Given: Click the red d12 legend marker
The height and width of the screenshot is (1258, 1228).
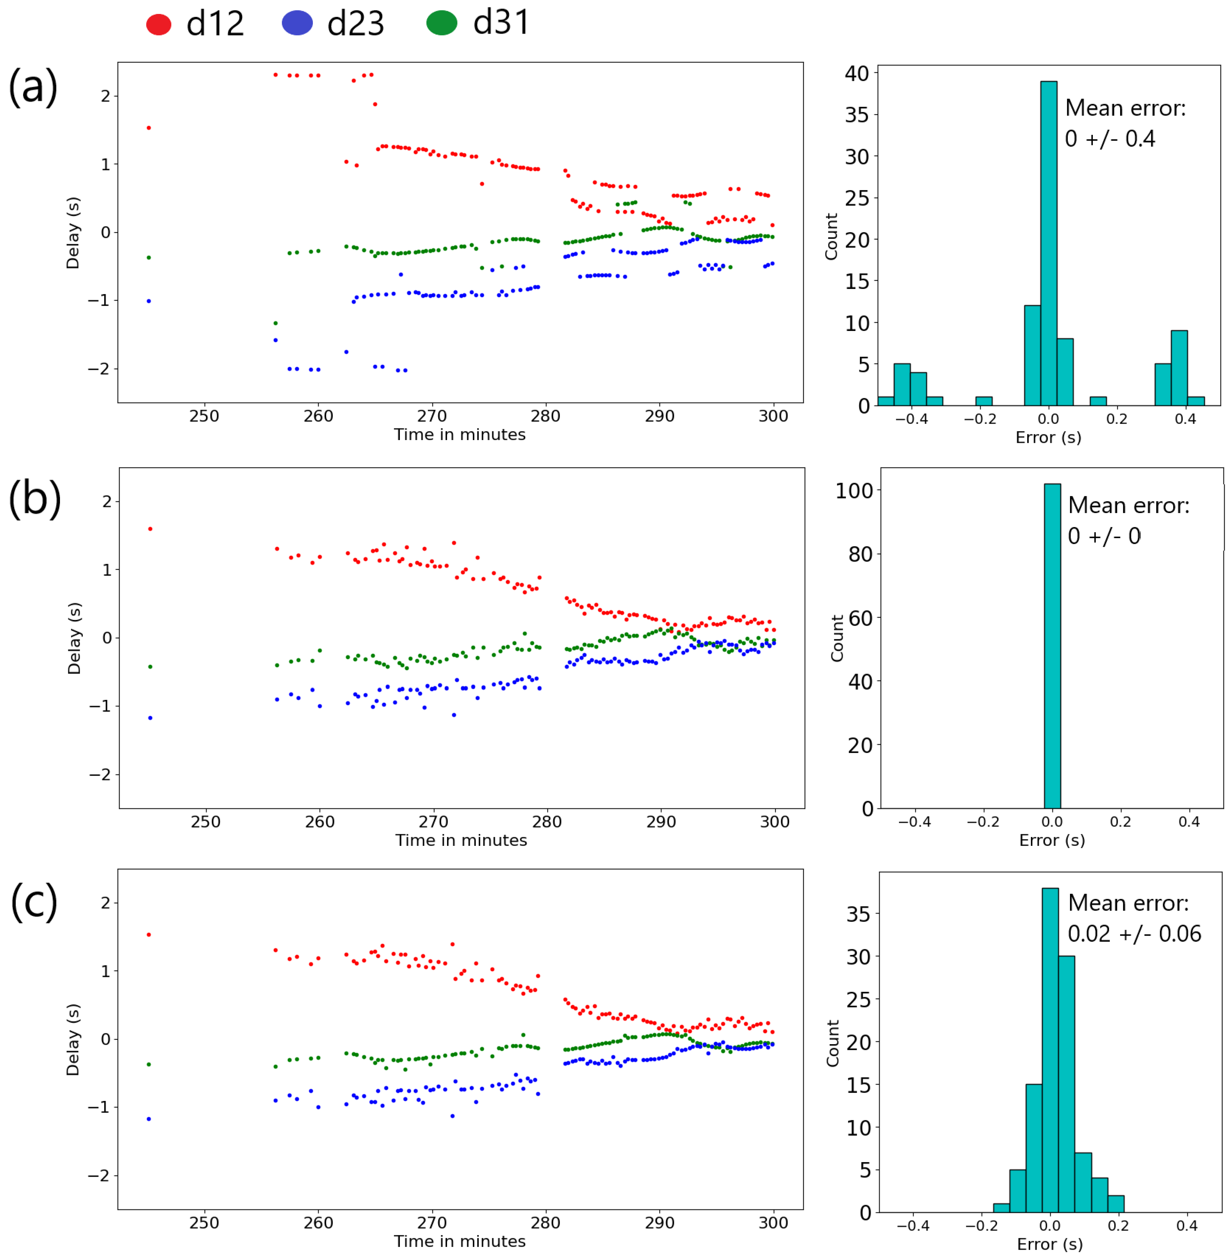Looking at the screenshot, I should pyautogui.click(x=159, y=24).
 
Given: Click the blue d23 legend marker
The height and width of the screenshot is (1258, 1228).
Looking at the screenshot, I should pyautogui.click(x=297, y=23).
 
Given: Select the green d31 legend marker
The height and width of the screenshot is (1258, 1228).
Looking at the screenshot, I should pyautogui.click(x=442, y=23).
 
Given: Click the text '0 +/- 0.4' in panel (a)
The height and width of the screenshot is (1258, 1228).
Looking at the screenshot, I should pyautogui.click(x=1109, y=139).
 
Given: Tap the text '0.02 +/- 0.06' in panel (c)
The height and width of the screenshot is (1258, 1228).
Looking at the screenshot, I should pyautogui.click(x=1134, y=934).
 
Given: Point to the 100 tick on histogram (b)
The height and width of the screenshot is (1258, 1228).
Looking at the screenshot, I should pyautogui.click(x=854, y=491).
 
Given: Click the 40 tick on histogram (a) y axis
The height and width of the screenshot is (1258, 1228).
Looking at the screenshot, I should pyautogui.click(x=856, y=74).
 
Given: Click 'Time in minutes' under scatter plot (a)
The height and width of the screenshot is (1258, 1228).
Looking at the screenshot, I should pyautogui.click(x=460, y=435).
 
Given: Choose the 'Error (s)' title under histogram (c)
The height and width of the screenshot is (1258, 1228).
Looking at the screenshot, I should pyautogui.click(x=1049, y=1244).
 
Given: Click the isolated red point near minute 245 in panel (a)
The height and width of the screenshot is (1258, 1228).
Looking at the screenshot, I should pyautogui.click(x=149, y=128).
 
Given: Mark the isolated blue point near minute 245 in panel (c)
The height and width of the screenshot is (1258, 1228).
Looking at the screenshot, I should pyautogui.click(x=149, y=1119).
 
